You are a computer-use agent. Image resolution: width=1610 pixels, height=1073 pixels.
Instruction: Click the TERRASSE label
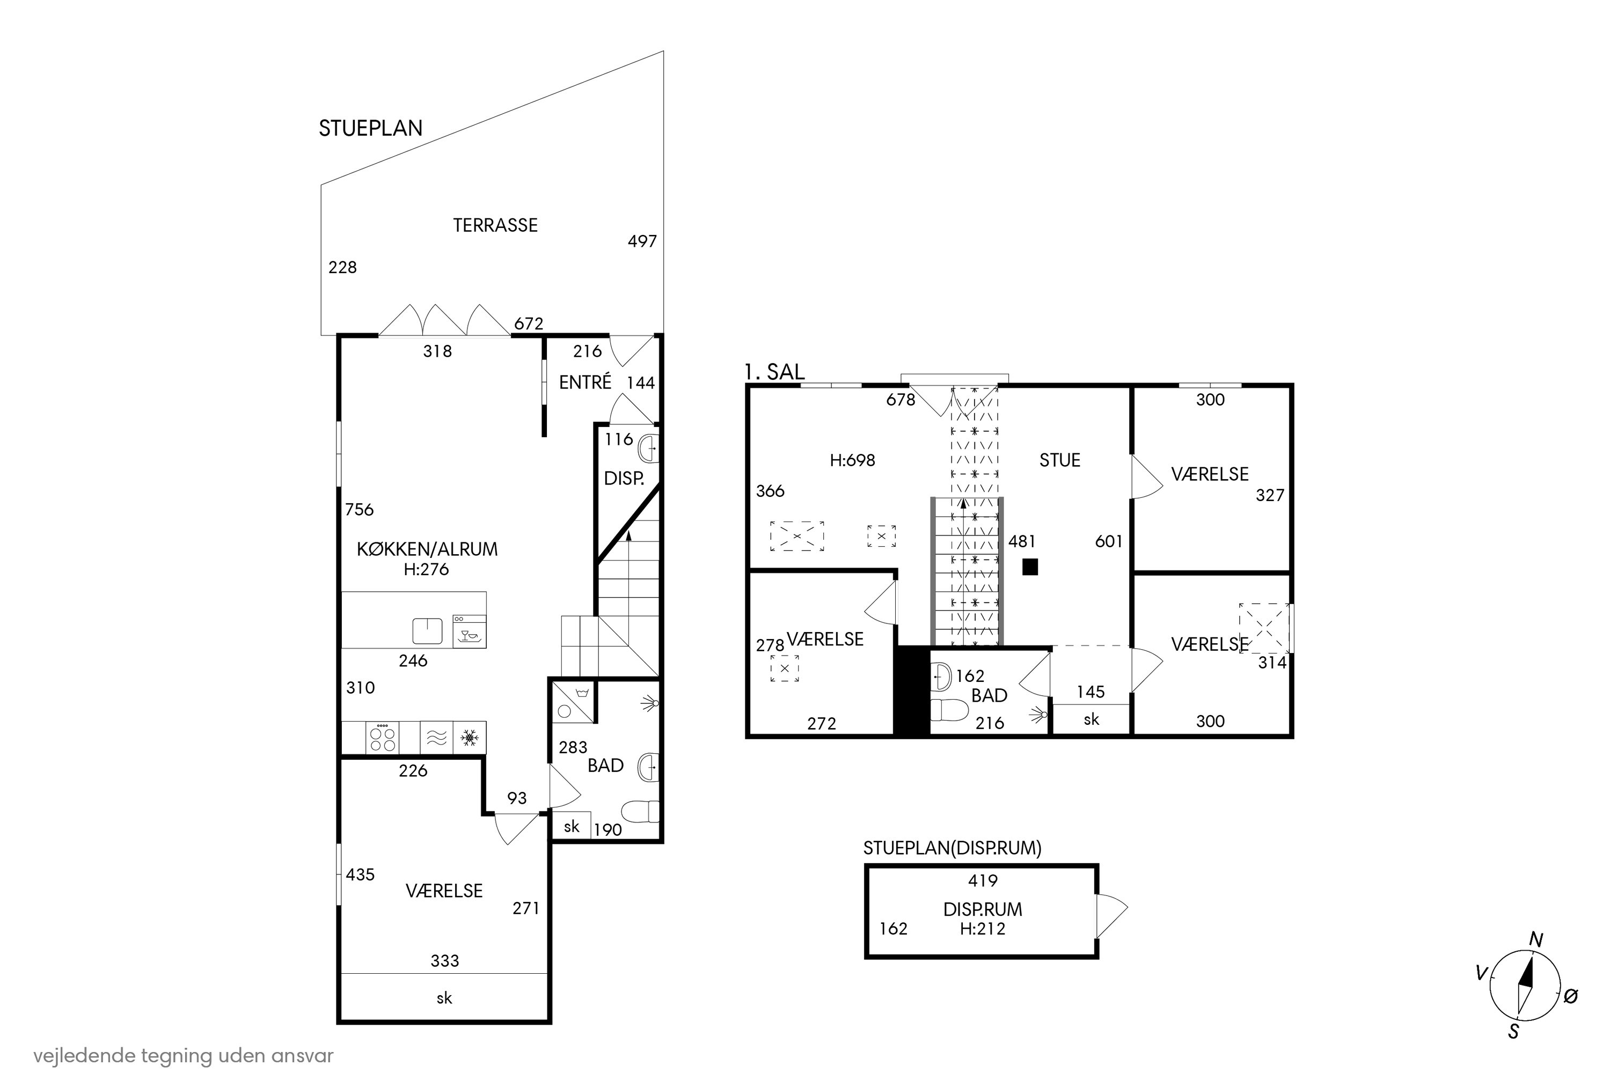495,225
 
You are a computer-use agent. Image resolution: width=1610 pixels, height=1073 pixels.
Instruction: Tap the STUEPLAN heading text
370,128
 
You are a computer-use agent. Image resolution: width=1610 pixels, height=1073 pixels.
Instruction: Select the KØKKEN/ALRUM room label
427,549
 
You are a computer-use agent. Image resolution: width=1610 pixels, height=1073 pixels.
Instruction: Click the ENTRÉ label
586,382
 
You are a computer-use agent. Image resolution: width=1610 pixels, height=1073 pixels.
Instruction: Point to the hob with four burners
383,738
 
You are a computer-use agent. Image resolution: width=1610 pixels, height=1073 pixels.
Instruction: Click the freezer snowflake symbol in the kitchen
470,738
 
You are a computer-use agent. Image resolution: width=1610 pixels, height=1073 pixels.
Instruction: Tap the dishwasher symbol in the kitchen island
469,631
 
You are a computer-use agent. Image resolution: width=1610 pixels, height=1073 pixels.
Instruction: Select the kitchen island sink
427,631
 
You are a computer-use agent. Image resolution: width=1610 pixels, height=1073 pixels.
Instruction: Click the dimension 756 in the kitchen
360,509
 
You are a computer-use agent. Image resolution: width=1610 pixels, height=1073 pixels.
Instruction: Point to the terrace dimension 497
642,241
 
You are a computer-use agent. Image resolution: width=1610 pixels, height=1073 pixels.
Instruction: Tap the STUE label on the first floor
1059,460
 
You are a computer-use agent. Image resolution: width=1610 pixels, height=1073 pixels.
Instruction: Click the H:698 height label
852,460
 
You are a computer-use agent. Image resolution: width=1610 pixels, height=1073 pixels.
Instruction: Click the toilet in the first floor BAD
949,710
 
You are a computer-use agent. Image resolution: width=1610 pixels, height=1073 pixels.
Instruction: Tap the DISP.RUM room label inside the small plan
982,909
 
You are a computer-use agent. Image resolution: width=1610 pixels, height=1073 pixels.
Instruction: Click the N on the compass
1536,940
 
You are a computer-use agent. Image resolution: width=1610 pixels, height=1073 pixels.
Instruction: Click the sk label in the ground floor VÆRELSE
444,998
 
